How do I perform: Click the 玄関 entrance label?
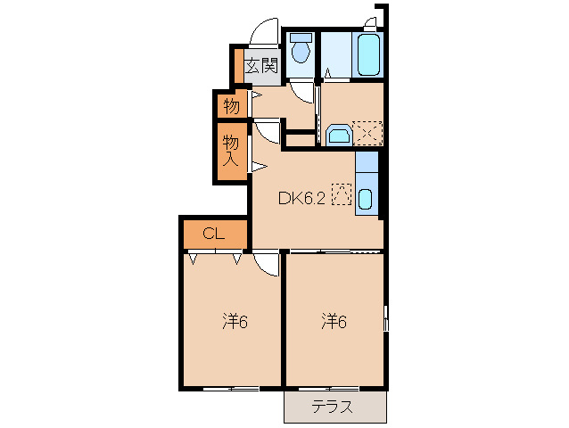tap(261, 66)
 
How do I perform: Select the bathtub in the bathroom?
tap(368, 54)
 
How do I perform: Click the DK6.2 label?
tap(301, 199)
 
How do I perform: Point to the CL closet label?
tap(214, 234)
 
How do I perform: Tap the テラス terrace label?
tap(333, 407)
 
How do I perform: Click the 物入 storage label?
tap(231, 152)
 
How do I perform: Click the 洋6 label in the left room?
tap(235, 321)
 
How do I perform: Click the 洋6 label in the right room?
tap(334, 321)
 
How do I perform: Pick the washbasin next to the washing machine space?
tap(339, 135)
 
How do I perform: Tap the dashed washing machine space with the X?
tap(367, 133)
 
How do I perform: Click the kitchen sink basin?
tap(365, 199)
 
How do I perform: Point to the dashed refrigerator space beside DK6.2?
tap(342, 194)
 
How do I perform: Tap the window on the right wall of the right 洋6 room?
tap(386, 318)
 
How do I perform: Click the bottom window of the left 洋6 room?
tap(231, 389)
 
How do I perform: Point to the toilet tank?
tap(301, 37)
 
